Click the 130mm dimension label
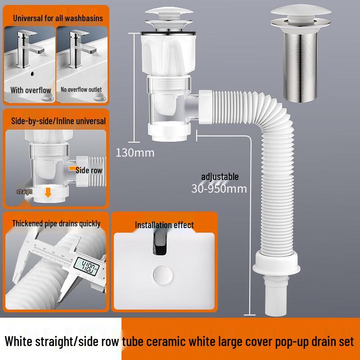point(135,153)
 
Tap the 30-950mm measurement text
point(219,188)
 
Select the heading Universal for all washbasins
point(58,18)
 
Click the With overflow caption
point(31,90)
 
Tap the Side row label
point(89,170)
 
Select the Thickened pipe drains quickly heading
point(56,223)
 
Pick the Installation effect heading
point(164,225)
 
